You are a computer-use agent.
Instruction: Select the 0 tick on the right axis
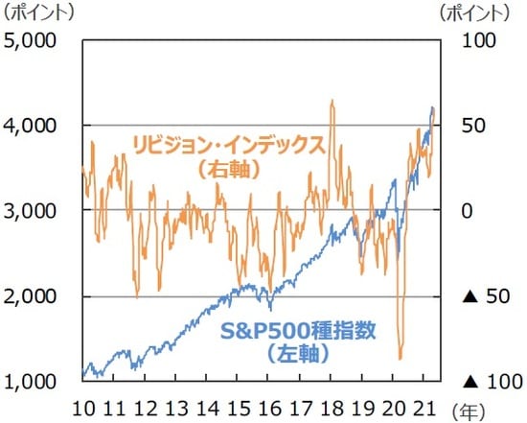[469, 210]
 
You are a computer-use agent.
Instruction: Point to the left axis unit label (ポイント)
[39, 13]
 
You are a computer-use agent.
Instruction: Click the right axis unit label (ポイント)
[475, 13]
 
